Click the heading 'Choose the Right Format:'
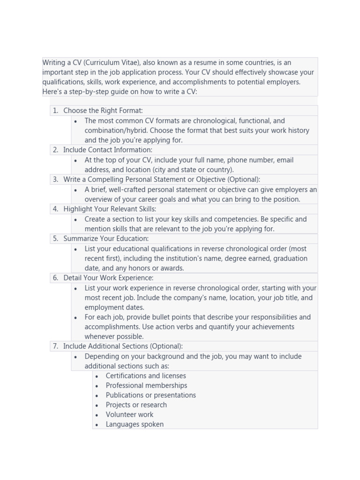[103, 111]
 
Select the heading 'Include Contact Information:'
[107, 150]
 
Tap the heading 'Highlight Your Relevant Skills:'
[110, 209]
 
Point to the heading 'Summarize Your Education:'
[106, 239]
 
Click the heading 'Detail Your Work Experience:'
[108, 278]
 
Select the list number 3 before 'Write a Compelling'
[55, 180]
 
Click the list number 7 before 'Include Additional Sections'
[55, 346]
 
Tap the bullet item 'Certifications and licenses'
[146, 376]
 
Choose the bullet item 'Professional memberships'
[146, 386]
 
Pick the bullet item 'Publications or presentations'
[150, 395]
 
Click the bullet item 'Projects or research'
[136, 405]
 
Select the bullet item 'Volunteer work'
[129, 415]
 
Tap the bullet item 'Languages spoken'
[135, 425]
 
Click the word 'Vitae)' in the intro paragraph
[129, 63]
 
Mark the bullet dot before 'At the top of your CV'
[76, 160]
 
